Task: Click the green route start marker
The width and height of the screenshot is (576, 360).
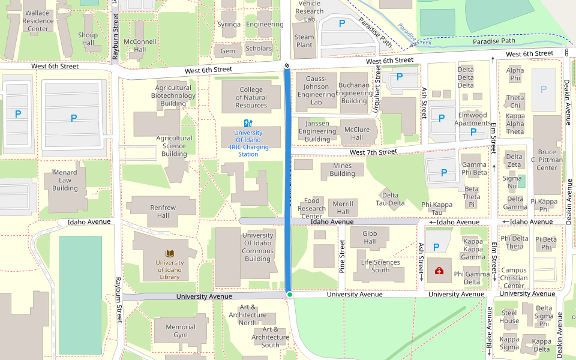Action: pos(289,295)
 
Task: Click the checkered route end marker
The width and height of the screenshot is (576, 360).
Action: pos(287,66)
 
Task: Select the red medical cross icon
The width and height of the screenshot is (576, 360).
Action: pos(439,271)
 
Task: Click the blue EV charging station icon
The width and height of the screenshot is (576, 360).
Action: pos(248,123)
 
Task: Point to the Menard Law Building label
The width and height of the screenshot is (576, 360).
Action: pos(65,180)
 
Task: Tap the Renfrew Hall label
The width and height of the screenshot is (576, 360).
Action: pos(163,212)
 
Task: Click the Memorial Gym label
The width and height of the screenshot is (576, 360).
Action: pos(181,331)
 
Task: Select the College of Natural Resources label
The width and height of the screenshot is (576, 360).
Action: pos(251,98)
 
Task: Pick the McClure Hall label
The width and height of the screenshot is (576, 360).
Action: pos(357,134)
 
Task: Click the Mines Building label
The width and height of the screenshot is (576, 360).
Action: pos(342,170)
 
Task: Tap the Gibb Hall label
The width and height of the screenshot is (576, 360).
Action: pos(370,237)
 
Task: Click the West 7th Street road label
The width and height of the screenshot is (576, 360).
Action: pos(373,152)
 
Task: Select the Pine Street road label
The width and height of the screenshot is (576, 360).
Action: pos(342,257)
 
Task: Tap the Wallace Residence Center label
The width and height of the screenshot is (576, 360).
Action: pos(37,20)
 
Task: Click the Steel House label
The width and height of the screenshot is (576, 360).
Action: pos(509,316)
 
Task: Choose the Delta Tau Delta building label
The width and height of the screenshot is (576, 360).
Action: pos(390,199)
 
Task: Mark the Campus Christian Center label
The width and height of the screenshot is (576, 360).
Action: pos(514,278)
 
